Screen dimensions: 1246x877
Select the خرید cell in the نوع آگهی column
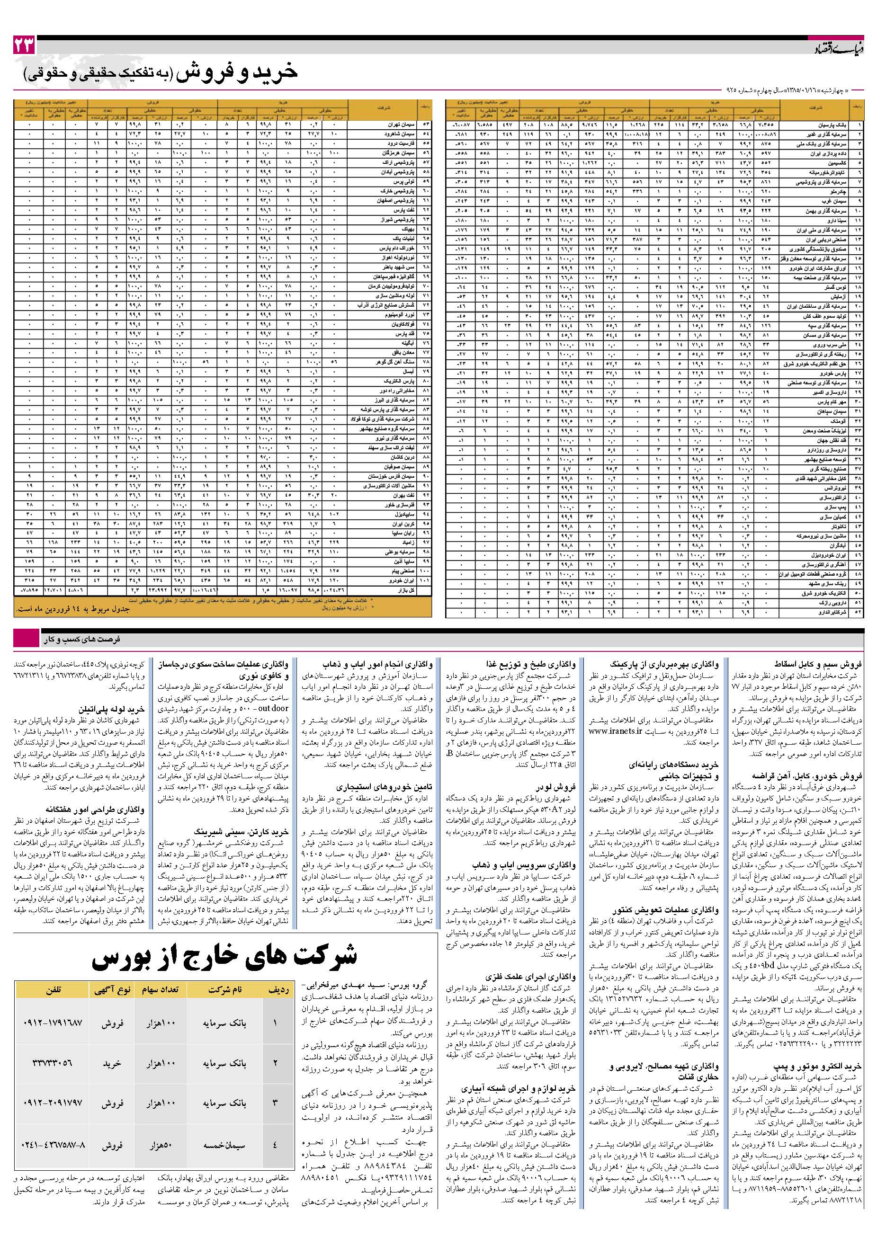112,1063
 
